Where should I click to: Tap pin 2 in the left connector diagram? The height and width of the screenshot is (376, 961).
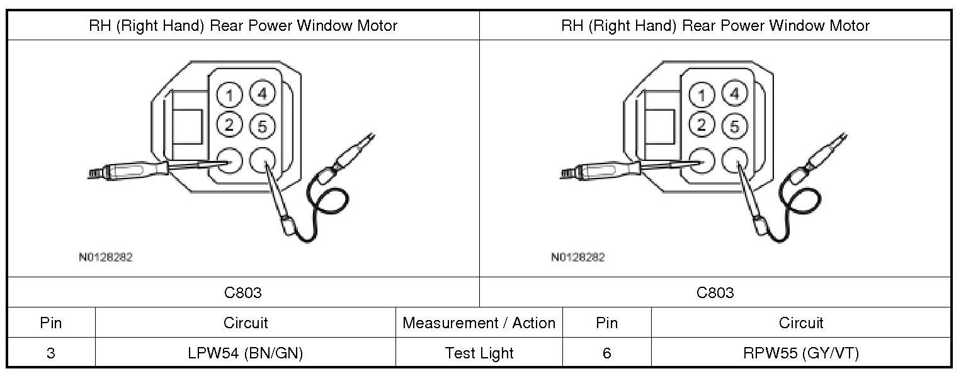(230, 124)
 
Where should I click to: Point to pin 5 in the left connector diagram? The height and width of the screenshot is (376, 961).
(262, 126)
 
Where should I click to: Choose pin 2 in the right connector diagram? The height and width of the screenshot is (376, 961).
(702, 124)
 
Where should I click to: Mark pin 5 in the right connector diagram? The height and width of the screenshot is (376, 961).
(734, 126)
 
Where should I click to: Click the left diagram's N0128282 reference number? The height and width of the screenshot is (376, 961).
(106, 257)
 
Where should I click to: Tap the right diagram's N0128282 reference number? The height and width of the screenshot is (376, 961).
(577, 257)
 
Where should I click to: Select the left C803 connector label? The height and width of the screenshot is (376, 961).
(243, 292)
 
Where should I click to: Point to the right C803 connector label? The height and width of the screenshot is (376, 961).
(715, 292)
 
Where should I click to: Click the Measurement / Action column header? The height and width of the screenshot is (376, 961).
(479, 323)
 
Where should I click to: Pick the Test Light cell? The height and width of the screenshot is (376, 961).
(479, 353)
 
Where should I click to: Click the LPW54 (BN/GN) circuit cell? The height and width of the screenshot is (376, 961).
(246, 353)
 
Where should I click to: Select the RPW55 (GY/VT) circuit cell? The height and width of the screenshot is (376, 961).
(801, 353)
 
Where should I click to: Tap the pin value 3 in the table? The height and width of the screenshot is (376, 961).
(50, 353)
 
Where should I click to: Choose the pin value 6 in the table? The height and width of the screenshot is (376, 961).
(606, 353)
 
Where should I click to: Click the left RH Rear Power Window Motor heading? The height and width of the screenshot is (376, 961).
(243, 26)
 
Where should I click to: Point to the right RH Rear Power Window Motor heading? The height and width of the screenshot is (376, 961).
(715, 26)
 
